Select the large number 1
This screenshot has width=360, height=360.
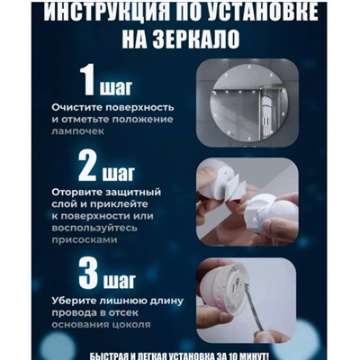[x=92, y=82]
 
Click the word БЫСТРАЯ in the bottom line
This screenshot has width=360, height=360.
[x=99, y=352]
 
